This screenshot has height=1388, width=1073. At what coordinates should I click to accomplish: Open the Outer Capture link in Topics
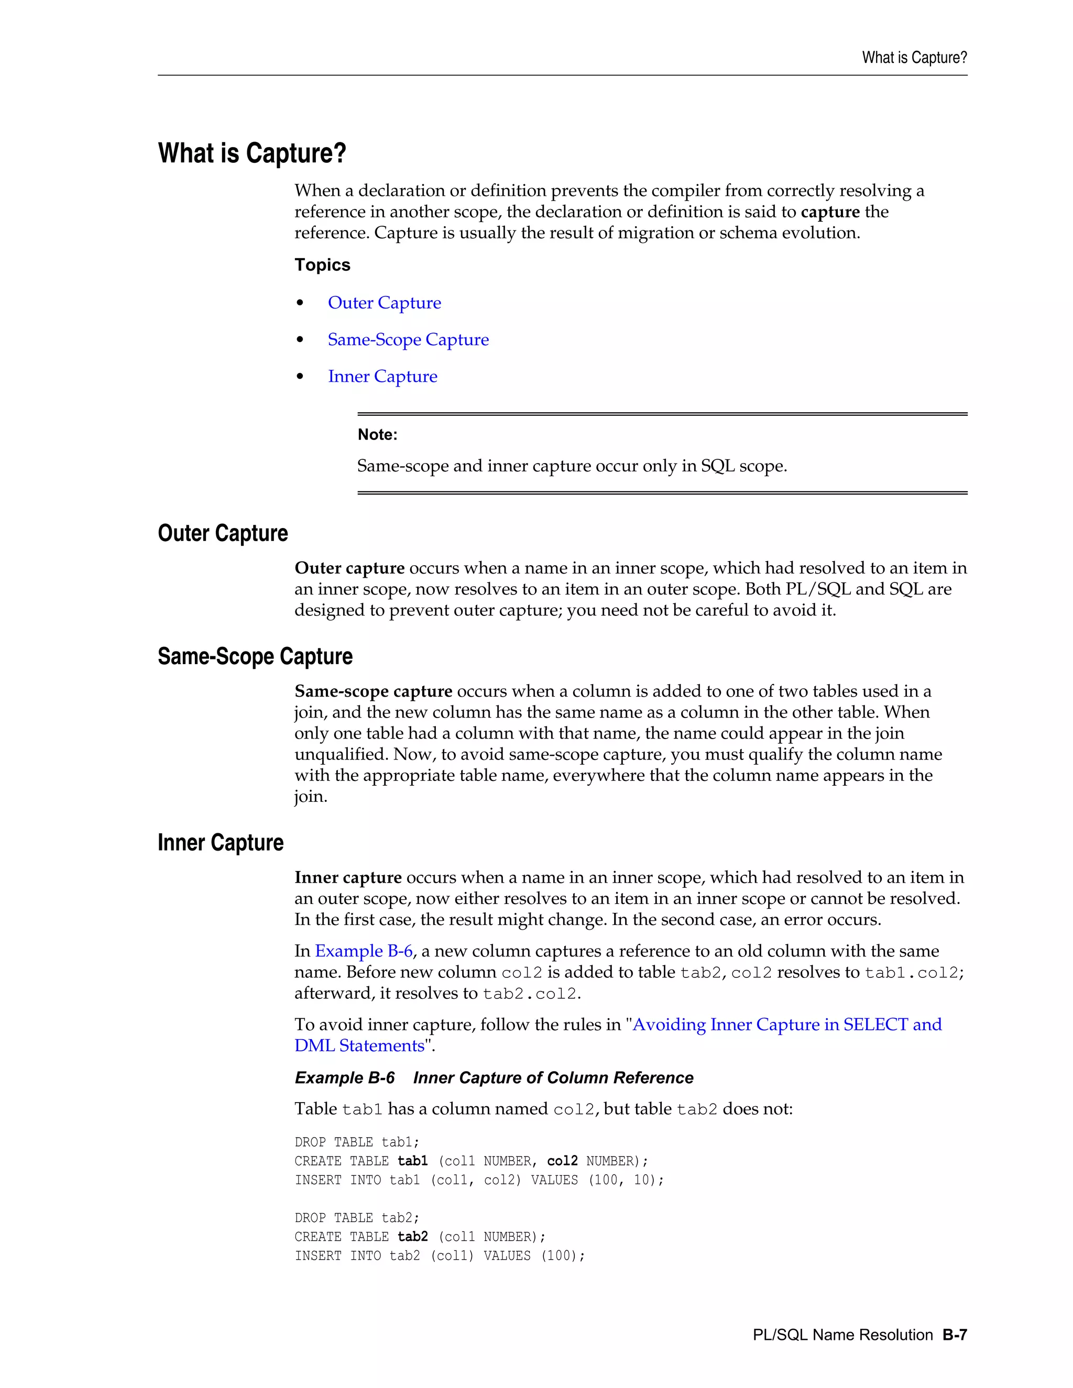tap(384, 303)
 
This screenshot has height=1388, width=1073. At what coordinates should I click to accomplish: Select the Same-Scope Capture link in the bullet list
tap(408, 339)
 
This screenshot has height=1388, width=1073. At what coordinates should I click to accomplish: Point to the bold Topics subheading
tap(322, 265)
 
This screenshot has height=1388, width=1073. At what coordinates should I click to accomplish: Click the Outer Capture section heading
tap(223, 533)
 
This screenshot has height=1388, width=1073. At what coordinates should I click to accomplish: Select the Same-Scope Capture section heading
tap(255, 656)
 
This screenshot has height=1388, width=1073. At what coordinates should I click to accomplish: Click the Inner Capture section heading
tap(220, 843)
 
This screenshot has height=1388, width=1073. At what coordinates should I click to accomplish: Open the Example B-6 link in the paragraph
tap(364, 951)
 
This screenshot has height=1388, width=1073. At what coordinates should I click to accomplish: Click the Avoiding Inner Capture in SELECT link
tap(786, 1025)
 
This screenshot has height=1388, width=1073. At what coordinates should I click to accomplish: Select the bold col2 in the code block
tap(562, 1161)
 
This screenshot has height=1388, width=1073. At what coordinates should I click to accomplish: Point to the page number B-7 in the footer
tap(954, 1335)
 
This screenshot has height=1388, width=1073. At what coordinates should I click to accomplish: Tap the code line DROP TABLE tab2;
tap(357, 1218)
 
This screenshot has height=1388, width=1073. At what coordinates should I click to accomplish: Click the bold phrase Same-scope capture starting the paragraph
tap(373, 691)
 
